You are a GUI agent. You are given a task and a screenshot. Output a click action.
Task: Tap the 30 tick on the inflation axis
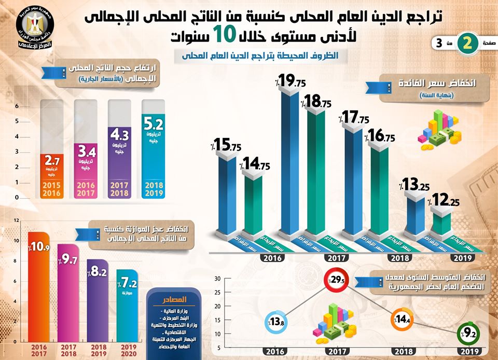point(218,279)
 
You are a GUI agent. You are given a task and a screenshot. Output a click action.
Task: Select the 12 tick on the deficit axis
point(17,220)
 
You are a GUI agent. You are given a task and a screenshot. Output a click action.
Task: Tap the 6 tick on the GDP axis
point(17,106)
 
